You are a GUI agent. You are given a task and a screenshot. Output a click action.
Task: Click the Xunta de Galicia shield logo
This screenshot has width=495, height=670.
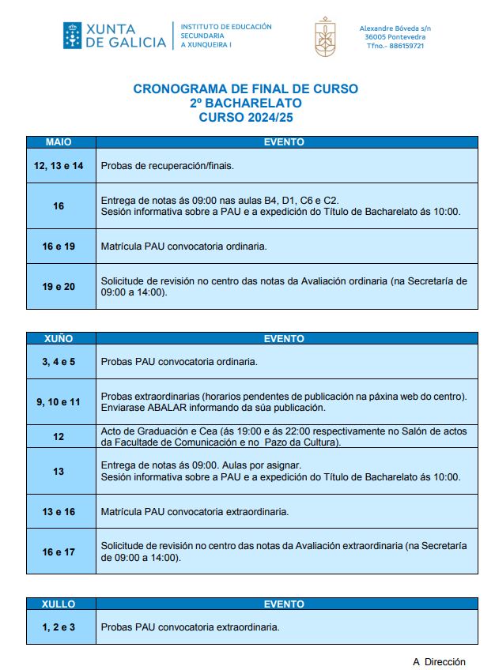[x=72, y=36]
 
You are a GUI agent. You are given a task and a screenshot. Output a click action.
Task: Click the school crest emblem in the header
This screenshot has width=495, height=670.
[x=325, y=36]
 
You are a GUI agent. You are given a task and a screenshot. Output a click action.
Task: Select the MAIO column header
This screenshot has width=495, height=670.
[x=59, y=142]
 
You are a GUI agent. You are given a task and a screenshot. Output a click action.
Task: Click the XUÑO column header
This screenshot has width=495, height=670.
[x=59, y=338]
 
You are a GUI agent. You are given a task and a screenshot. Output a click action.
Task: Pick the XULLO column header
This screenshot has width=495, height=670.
[x=59, y=604]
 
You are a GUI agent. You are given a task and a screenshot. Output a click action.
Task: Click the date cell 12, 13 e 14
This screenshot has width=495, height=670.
[x=59, y=166]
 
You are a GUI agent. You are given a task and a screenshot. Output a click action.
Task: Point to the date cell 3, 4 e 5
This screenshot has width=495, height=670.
[x=59, y=362]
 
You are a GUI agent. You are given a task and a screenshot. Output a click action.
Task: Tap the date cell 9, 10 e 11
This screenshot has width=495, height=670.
[x=59, y=401]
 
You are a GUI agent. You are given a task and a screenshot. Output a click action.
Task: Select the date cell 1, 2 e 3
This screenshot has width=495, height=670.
[x=59, y=627]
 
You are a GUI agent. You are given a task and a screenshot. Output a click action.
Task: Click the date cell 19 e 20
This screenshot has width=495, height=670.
[x=59, y=286]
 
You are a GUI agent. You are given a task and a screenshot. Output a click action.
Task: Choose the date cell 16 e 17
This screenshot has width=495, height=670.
[x=59, y=551]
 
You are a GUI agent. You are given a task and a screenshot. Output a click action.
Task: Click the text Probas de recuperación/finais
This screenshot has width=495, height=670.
[x=167, y=166]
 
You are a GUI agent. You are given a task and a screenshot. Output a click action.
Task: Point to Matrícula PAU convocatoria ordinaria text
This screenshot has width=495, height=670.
[x=183, y=247]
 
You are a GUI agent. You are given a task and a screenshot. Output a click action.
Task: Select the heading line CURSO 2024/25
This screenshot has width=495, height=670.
[x=245, y=117]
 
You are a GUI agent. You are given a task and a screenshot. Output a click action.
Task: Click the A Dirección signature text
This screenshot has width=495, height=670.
[x=439, y=662]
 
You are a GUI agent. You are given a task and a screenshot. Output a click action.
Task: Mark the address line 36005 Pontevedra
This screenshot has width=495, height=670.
[x=395, y=37]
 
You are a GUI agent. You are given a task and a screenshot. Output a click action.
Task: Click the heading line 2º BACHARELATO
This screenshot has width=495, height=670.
[x=245, y=103]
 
